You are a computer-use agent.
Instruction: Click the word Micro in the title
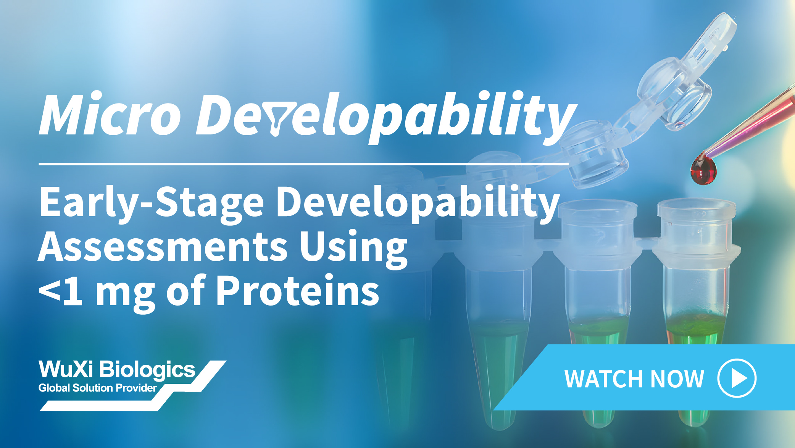pos(110,113)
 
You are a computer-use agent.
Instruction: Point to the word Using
pos(353,249)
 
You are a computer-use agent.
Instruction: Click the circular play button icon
pos(737,378)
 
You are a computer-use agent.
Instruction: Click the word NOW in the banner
pos(677,379)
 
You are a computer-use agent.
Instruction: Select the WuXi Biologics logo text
pos(117,369)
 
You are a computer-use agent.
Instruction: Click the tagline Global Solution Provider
pos(98,388)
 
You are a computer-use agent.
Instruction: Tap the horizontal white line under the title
pos(303,164)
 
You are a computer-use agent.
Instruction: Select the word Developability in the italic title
pos(386,116)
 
